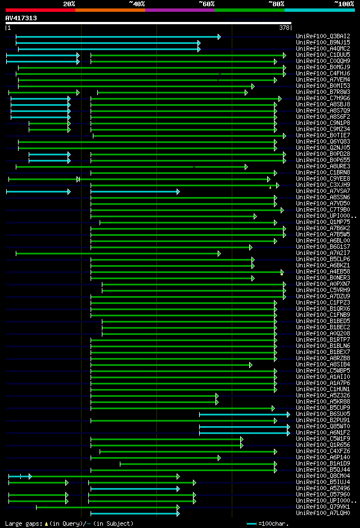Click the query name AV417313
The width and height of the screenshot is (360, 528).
[x=21, y=18]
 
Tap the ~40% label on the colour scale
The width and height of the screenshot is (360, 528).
[x=137, y=3]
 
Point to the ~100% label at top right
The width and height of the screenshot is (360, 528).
[x=344, y=3]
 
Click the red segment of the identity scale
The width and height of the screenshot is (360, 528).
[x=40, y=10]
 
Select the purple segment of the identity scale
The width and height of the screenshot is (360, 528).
[x=179, y=10]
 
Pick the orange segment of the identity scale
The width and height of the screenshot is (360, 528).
[x=110, y=10]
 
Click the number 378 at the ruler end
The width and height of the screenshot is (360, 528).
[x=284, y=28]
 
